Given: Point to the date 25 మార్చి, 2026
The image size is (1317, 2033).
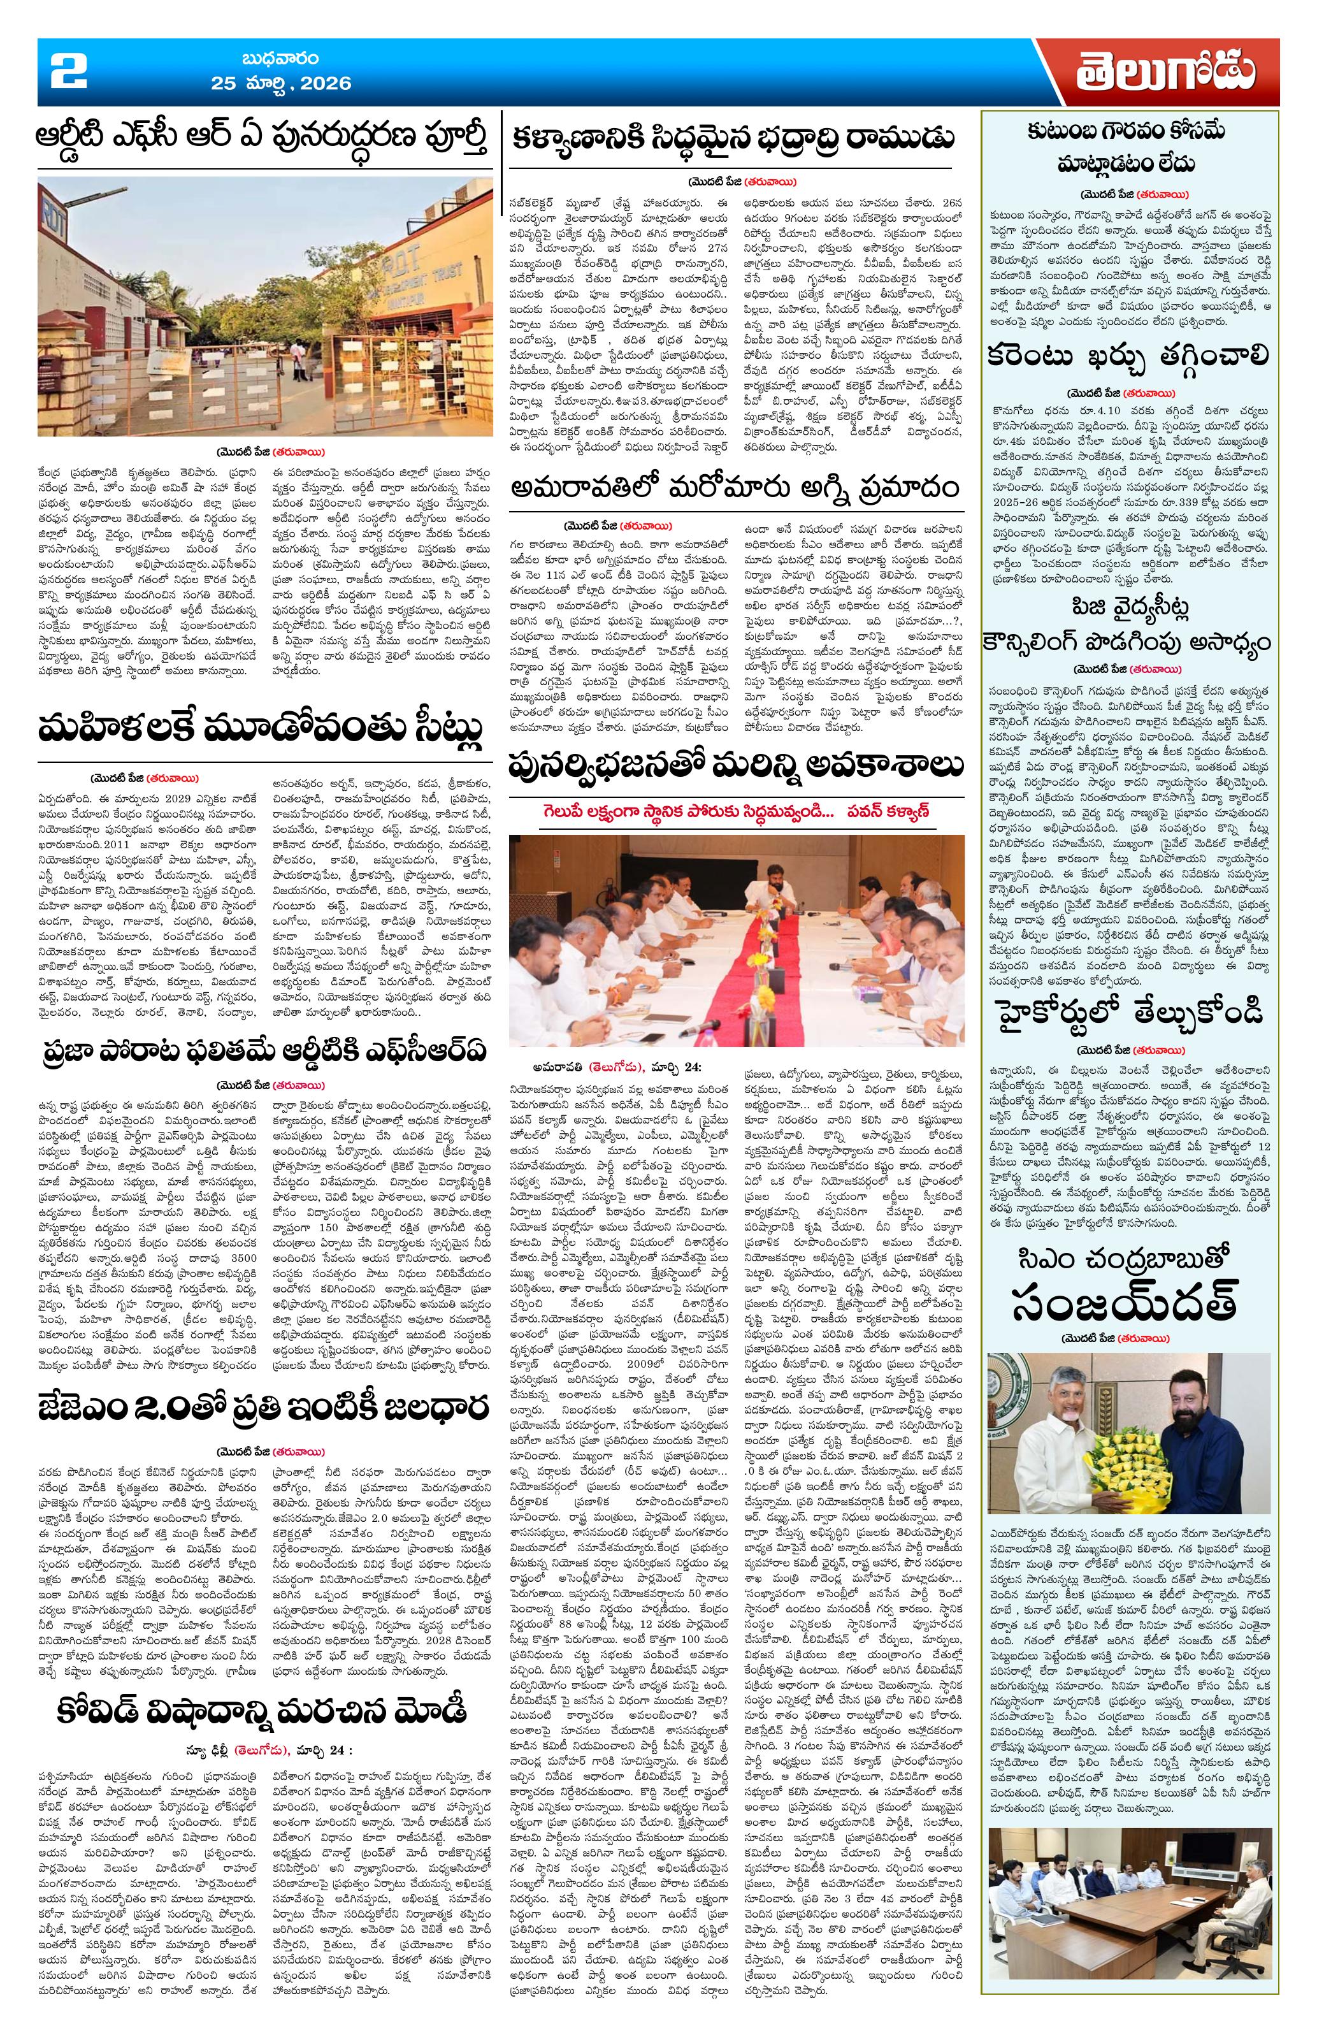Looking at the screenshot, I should pyautogui.click(x=282, y=83).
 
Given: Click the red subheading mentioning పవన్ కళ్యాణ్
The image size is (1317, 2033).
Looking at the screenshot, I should pyautogui.click(x=737, y=811).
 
